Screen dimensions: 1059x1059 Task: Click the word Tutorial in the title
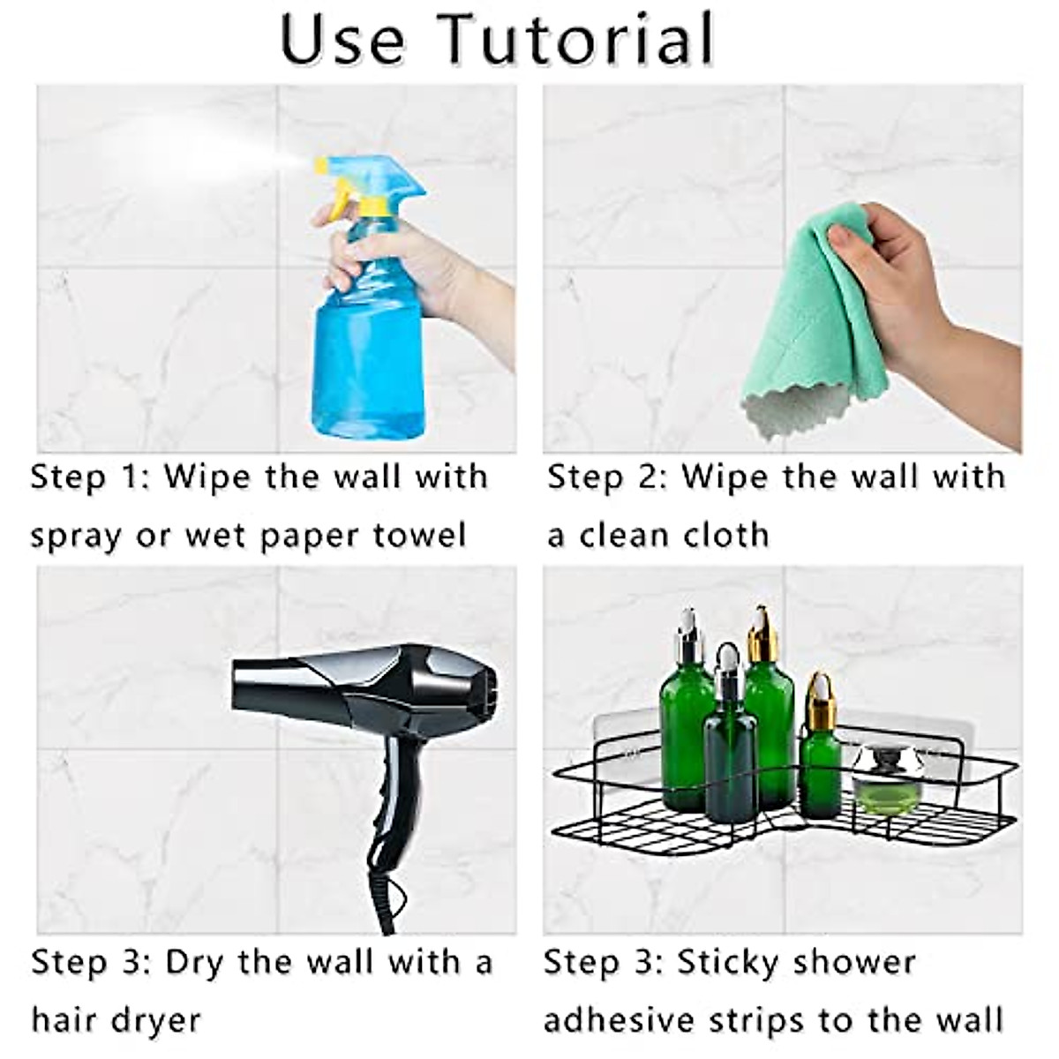pos(577,40)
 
